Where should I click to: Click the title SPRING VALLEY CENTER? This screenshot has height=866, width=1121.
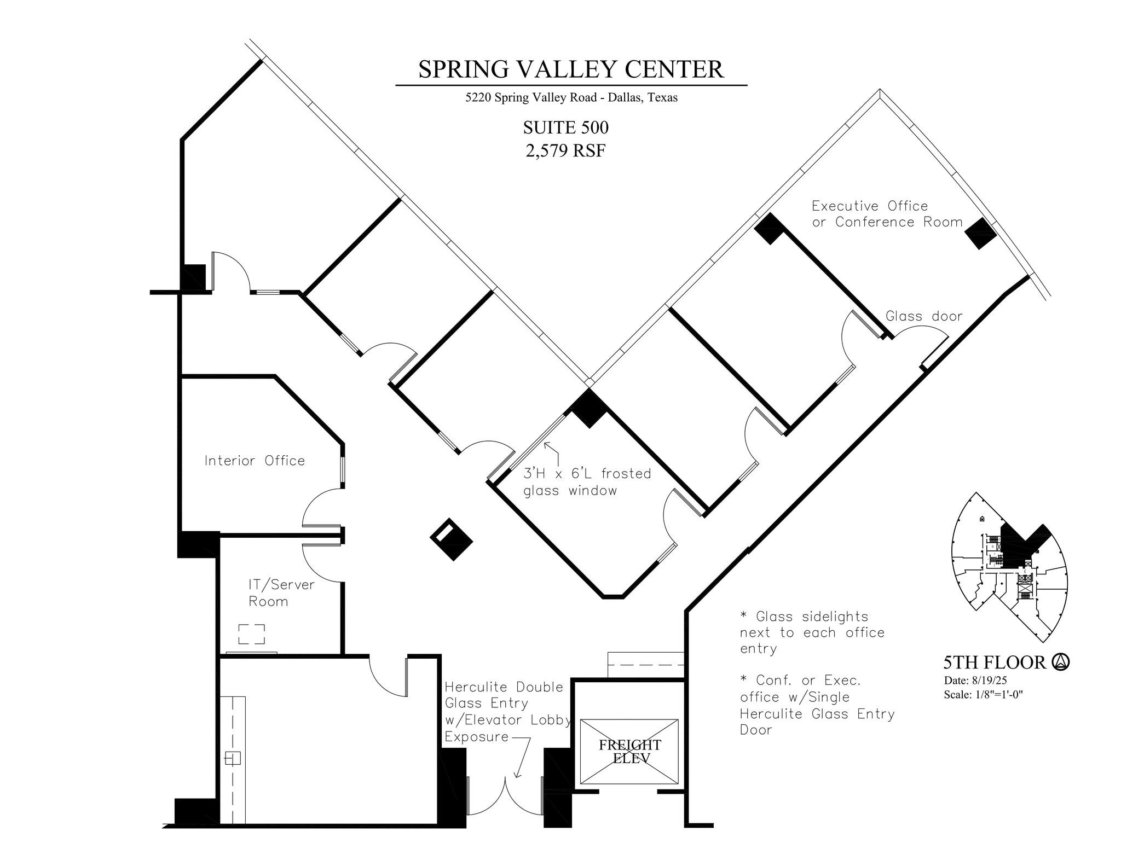[571, 69]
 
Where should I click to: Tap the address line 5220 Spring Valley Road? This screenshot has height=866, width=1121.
[571, 98]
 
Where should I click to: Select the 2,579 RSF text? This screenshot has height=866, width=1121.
[565, 150]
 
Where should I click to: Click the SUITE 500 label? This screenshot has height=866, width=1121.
[565, 127]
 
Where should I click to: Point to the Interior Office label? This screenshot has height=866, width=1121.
[254, 461]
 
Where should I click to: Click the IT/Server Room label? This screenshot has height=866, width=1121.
[281, 592]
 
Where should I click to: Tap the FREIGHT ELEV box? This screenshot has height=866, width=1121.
[629, 751]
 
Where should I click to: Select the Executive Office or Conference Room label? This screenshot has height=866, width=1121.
[886, 214]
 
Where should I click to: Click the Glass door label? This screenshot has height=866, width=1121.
[923, 316]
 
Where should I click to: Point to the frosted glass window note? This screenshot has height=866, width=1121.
[587, 481]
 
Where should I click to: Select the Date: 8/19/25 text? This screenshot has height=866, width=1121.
[975, 681]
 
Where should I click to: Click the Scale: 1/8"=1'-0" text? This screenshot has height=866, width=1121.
[983, 695]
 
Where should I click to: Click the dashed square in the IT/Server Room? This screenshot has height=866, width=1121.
[251, 633]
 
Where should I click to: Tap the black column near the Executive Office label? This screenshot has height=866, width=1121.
[980, 234]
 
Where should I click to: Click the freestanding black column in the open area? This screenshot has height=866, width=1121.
[452, 539]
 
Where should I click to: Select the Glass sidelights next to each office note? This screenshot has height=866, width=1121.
[811, 632]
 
